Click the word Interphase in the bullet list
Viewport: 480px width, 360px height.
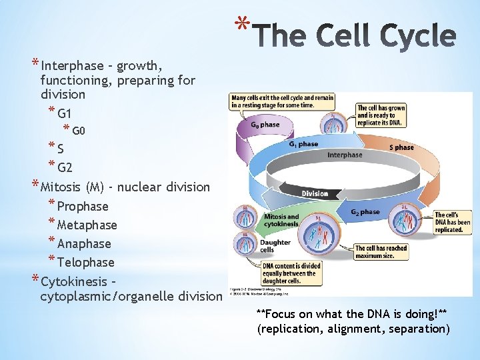click(x=72, y=66)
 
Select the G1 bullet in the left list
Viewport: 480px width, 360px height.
click(x=65, y=113)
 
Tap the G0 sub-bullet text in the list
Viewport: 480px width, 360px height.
click(x=79, y=130)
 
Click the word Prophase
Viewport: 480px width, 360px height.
click(x=83, y=207)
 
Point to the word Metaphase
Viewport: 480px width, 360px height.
click(x=87, y=225)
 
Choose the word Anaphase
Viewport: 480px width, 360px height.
click(x=84, y=244)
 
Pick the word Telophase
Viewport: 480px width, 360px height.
click(x=86, y=263)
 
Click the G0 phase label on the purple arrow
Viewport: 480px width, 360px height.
click(x=265, y=125)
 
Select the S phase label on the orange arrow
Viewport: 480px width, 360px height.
click(x=401, y=147)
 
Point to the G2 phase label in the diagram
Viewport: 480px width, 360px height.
click(x=365, y=212)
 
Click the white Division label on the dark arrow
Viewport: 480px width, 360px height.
click(x=315, y=194)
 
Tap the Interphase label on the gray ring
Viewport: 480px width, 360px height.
click(x=345, y=155)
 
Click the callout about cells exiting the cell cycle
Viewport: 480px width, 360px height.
click(x=282, y=101)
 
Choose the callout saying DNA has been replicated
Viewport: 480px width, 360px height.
click(x=453, y=223)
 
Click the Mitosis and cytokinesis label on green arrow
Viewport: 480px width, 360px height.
click(x=282, y=220)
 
